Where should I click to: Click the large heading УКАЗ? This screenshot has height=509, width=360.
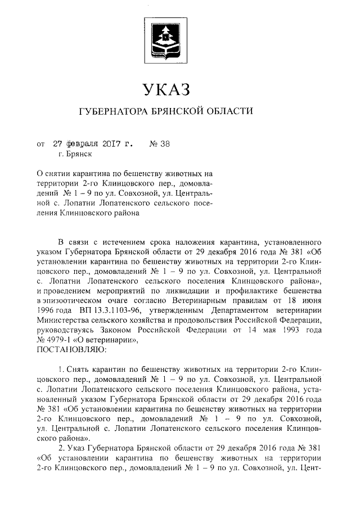point(166,89)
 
